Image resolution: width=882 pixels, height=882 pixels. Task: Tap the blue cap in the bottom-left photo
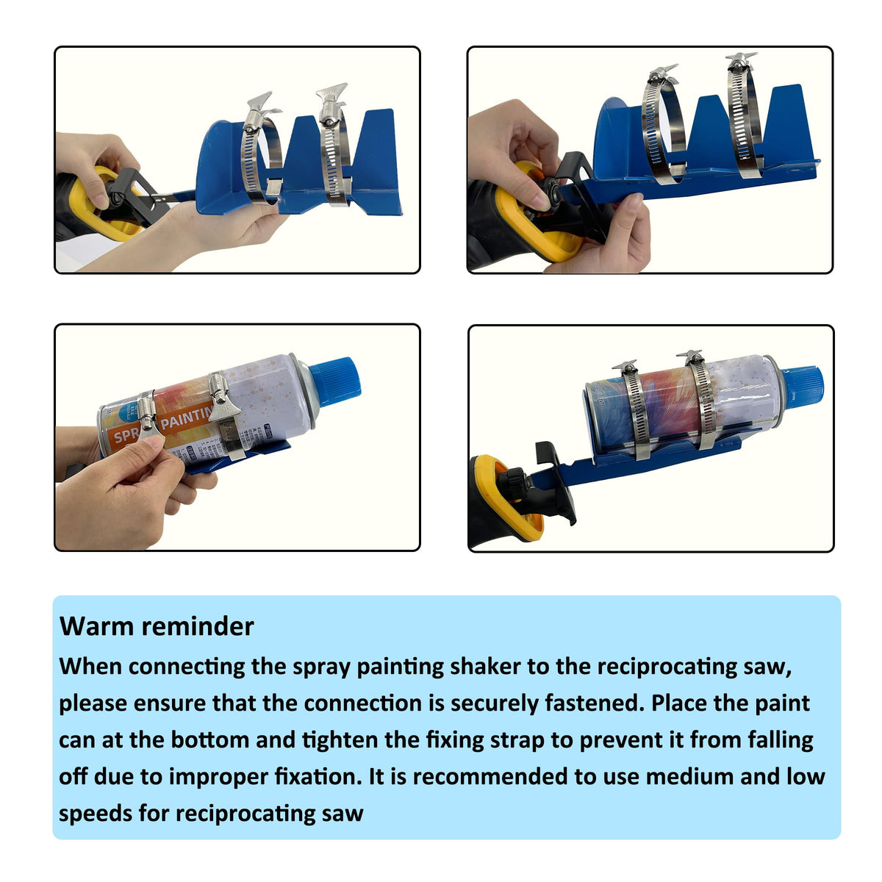[334, 381]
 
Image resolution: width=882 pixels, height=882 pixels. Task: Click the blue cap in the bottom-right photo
[803, 387]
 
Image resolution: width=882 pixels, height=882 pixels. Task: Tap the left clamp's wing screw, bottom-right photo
[625, 365]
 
